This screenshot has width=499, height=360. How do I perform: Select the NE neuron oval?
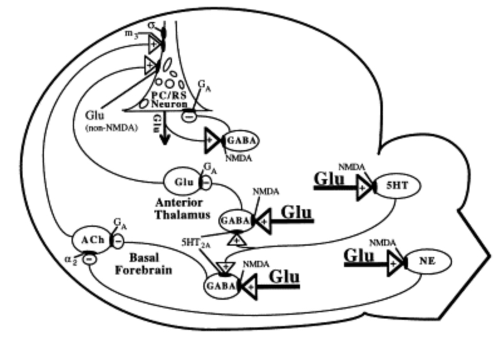click(428, 261)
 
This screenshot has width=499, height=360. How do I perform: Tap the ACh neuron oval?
click(92, 240)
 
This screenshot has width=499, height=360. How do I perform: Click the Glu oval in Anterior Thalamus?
click(183, 182)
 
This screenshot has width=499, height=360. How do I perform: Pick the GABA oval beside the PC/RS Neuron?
click(242, 141)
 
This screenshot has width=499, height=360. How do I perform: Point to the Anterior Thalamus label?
click(182, 209)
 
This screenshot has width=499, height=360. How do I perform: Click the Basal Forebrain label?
click(144, 264)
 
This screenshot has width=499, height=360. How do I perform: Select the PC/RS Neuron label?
click(169, 99)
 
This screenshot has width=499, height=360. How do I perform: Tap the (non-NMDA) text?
click(111, 128)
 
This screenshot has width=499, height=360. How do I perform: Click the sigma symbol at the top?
click(152, 25)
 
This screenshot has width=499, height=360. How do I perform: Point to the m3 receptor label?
click(131, 34)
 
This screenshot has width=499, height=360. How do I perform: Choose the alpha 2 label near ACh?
click(71, 259)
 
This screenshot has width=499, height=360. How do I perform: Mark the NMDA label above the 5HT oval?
click(351, 167)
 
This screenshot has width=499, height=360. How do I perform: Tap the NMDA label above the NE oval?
click(382, 243)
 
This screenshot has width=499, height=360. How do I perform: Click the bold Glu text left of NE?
click(359, 256)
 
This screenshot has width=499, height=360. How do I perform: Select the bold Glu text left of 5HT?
click(329, 178)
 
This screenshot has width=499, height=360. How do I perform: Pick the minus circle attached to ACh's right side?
click(118, 241)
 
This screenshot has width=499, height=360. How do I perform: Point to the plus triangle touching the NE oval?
click(396, 263)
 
